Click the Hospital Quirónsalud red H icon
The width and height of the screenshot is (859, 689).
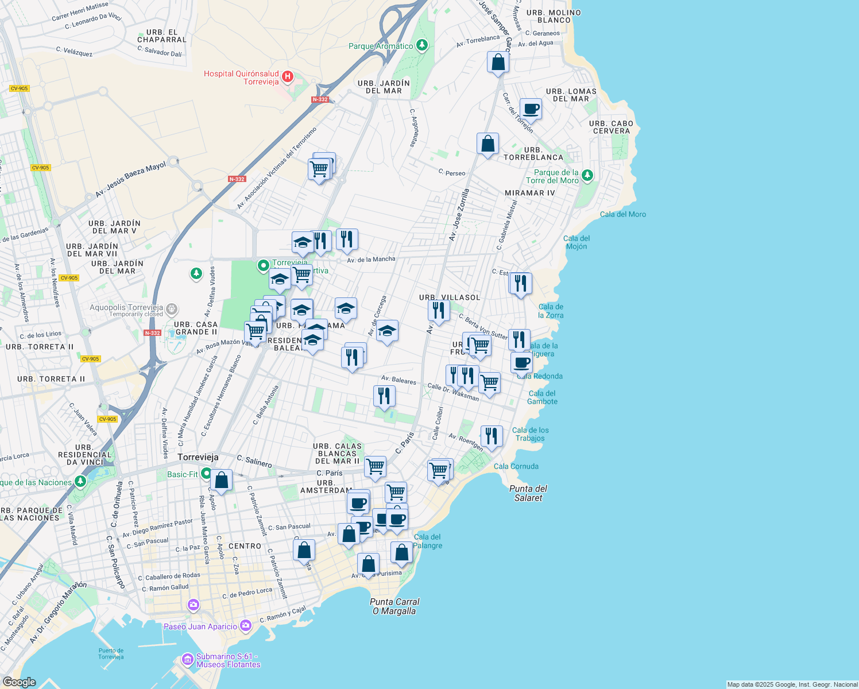click(x=288, y=76)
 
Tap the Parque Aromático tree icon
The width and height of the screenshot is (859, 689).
click(x=422, y=45)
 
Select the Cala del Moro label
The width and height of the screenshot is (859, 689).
click(x=623, y=214)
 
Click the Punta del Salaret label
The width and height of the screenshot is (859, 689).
click(x=528, y=493)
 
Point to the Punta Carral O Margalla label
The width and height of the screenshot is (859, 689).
click(x=394, y=606)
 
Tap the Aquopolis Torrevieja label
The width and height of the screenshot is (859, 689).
click(x=126, y=308)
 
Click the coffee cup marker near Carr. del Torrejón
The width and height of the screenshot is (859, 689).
click(x=531, y=109)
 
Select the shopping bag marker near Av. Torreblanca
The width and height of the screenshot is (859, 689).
click(x=498, y=62)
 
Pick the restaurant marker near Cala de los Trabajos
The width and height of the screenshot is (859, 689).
click(x=492, y=436)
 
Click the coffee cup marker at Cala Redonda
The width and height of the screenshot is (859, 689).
click(x=521, y=363)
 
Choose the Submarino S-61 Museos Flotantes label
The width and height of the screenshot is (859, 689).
click(x=228, y=660)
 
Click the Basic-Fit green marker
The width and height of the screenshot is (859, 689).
click(x=206, y=474)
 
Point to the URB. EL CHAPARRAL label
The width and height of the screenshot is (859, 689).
click(x=162, y=36)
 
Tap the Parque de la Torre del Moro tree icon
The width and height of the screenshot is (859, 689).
click(x=587, y=175)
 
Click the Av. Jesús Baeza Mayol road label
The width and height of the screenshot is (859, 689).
click(x=130, y=180)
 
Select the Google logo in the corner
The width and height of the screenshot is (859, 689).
click(x=19, y=682)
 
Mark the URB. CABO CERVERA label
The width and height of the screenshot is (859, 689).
click(x=611, y=127)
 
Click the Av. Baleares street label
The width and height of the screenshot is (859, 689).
click(x=398, y=380)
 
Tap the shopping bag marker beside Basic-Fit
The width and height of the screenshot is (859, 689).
click(x=221, y=480)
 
